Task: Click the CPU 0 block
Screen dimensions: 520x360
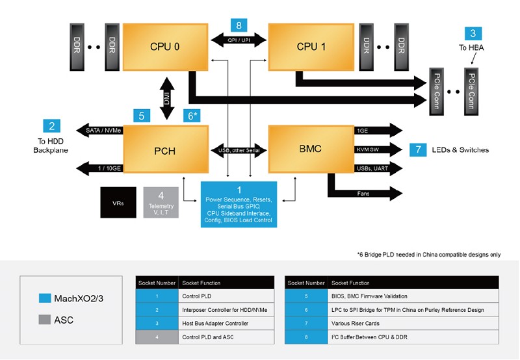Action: [166, 47]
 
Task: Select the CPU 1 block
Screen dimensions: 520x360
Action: [311, 47]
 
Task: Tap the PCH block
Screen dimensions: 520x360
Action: [166, 149]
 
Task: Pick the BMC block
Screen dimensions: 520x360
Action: [311, 149]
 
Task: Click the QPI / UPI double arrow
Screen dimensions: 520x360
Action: [239, 40]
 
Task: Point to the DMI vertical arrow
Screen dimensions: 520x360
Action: [167, 99]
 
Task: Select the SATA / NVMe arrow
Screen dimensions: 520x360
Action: [100, 130]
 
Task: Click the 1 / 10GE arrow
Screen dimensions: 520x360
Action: [100, 168]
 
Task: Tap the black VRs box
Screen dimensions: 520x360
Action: [118, 203]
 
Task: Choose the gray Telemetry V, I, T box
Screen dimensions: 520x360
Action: [161, 203]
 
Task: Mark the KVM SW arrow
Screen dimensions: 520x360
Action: [378, 149]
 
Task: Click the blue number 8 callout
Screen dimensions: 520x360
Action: [239, 25]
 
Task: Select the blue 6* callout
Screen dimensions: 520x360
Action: [192, 116]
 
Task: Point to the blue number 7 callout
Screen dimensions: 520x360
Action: [418, 150]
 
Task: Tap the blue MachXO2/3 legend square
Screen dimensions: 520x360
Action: [45, 298]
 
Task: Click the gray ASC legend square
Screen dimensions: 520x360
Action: [45, 320]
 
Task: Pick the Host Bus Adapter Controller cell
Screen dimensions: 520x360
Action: [226, 323]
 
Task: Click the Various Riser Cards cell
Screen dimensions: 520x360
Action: [413, 323]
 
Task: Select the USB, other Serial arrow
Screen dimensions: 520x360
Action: [239, 151]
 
